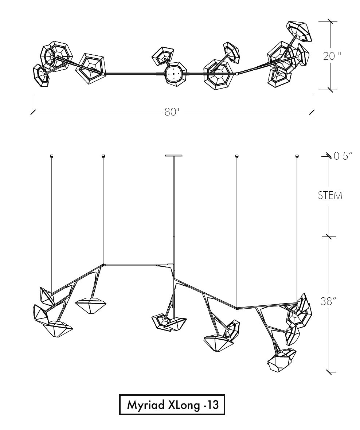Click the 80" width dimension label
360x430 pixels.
pyautogui.click(x=172, y=112)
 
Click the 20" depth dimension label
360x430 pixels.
pyautogui.click(x=332, y=56)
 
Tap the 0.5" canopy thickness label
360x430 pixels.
pyautogui.click(x=343, y=156)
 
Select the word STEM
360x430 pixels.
pyautogui.click(x=330, y=196)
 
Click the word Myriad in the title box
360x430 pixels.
pyautogui.click(x=146, y=404)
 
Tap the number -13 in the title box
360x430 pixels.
pyautogui.click(x=211, y=404)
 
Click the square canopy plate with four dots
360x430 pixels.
pyautogui.click(x=174, y=74)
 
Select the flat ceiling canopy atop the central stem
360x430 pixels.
pyautogui.click(x=174, y=156)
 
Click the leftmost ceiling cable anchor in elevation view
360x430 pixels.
pyautogui.click(x=51, y=156)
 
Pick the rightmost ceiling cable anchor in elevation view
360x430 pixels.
pyautogui.click(x=297, y=156)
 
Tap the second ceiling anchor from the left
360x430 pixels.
pyautogui.click(x=103, y=156)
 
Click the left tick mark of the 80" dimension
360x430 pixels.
pyautogui.click(x=33, y=112)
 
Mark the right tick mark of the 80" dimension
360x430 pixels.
pyautogui.click(x=312, y=112)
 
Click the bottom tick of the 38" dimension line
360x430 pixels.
pyautogui.click(x=330, y=372)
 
